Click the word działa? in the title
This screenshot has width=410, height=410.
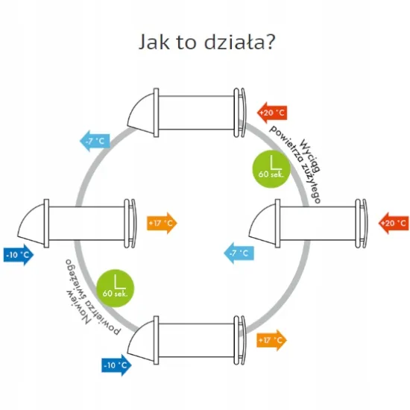239,42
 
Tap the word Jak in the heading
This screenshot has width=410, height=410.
154,42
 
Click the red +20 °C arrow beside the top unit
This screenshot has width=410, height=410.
272,113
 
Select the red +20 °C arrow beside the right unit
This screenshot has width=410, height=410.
394,223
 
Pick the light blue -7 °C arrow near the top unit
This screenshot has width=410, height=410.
95,141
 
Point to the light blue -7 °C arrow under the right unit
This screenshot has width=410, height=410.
239,253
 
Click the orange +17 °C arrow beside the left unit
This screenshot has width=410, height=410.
162,223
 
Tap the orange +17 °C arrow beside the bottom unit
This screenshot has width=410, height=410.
272,340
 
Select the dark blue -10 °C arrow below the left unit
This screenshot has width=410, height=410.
19,255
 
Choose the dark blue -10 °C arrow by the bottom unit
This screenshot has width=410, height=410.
116,365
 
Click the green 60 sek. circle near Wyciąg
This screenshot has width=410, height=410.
271,169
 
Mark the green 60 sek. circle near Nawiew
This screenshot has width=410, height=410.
116,288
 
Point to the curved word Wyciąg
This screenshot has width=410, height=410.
310,155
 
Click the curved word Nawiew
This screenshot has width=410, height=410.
78,306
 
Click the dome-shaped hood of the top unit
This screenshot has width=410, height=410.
141,114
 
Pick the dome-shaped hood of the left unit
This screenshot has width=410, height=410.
31,225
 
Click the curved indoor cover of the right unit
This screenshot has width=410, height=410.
365,224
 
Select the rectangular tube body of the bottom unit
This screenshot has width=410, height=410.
196,340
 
